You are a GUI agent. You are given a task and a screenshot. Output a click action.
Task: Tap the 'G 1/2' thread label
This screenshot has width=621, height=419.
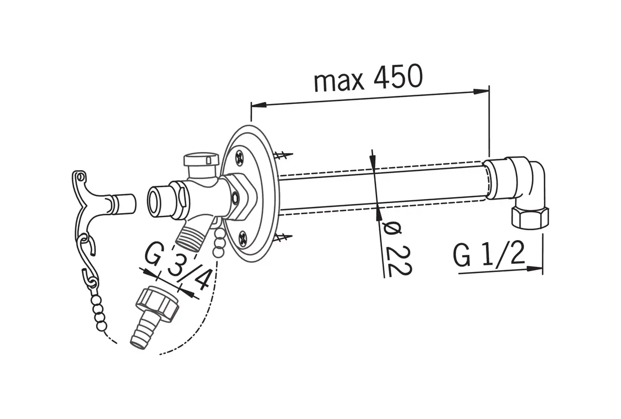click(489, 253)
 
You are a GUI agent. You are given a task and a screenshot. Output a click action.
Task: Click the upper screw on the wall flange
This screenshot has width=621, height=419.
click(239, 158)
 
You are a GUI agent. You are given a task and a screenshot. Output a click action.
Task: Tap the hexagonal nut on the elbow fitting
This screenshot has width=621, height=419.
click(529, 218)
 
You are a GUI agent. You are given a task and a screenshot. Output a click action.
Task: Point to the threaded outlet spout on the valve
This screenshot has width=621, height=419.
click(190, 237)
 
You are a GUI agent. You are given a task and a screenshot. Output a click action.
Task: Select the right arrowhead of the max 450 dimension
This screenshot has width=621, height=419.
click(481, 92)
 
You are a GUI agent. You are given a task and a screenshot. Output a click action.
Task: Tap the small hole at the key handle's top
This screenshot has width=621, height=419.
click(80, 176)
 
